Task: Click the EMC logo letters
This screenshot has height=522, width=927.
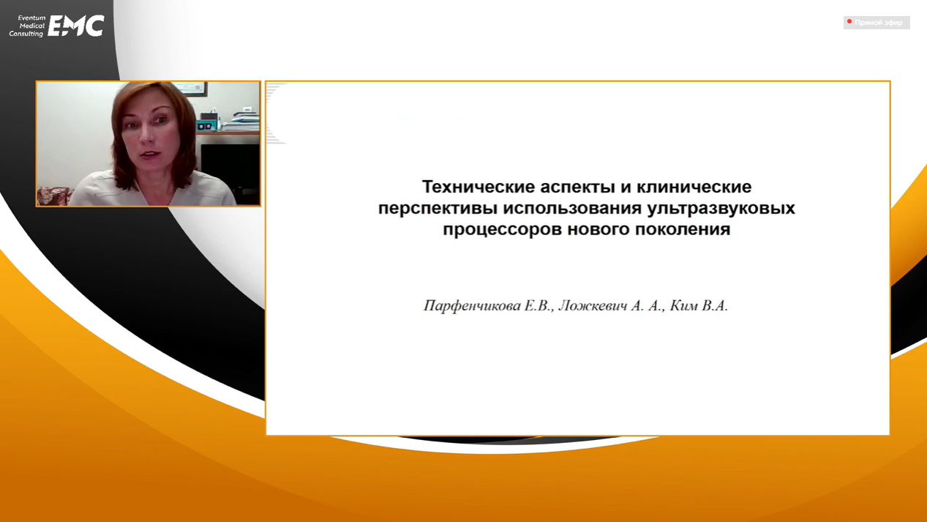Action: point(76,26)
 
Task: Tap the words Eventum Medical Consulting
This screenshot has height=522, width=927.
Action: point(27,26)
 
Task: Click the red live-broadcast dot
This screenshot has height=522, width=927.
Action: point(849,21)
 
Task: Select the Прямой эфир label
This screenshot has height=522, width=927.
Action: point(879,23)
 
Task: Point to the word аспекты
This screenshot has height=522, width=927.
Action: point(577,188)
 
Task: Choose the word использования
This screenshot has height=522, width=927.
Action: point(572,208)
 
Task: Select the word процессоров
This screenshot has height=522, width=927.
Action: point(502,230)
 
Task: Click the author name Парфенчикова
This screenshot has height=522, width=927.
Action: point(472,306)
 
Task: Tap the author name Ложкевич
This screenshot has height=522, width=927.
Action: point(593,305)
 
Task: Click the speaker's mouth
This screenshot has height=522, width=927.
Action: point(150,154)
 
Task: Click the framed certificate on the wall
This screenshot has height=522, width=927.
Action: point(189,88)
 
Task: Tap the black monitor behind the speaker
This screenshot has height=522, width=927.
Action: point(230,170)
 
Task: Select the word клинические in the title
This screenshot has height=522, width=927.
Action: point(694,187)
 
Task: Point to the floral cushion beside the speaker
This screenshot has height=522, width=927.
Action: point(55,196)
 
